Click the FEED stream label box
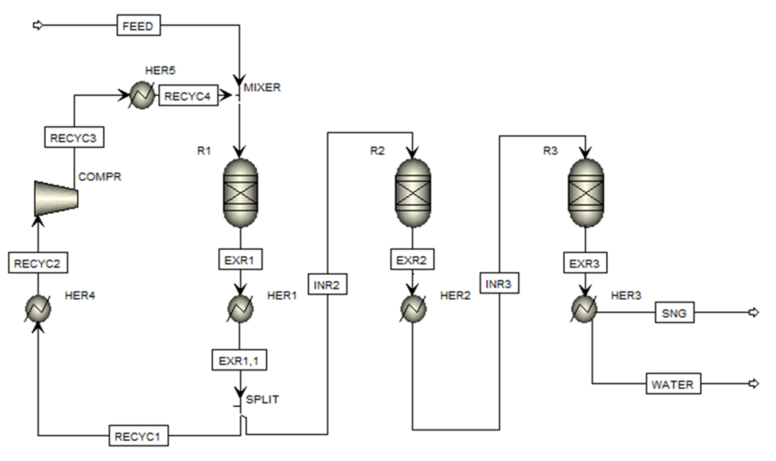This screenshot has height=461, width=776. pyautogui.click(x=138, y=26)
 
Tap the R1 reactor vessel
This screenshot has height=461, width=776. pyautogui.click(x=240, y=193)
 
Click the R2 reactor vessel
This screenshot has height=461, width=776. pyautogui.click(x=413, y=193)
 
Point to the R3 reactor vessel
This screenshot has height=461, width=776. pyautogui.click(x=586, y=193)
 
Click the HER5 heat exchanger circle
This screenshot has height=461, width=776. pyautogui.click(x=142, y=95)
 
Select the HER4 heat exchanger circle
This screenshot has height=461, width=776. pyautogui.click(x=38, y=308)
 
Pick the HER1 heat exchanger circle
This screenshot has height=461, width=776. pyautogui.click(x=240, y=308)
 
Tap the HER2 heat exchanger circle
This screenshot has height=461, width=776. pyautogui.click(x=413, y=308)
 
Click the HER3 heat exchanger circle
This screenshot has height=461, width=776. pyautogui.click(x=584, y=309)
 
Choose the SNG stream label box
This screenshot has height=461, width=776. pyautogui.click(x=674, y=313)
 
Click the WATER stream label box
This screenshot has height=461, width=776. pyautogui.click(x=673, y=384)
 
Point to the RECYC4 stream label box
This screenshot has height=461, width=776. pyautogui.click(x=188, y=96)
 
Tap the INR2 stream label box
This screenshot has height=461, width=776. pyautogui.click(x=327, y=284)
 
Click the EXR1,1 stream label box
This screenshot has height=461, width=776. pyautogui.click(x=239, y=360)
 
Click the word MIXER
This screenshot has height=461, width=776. pyautogui.click(x=262, y=88)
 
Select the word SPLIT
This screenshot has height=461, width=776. pyautogui.click(x=262, y=399)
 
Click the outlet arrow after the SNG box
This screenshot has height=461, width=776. pyautogui.click(x=753, y=312)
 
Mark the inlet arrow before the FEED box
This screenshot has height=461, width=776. pyautogui.click(x=38, y=25)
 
